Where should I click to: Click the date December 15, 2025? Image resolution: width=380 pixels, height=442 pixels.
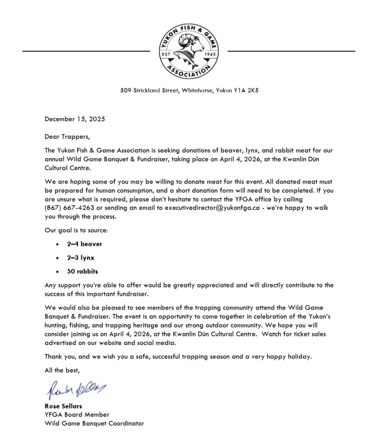[x=75, y=119]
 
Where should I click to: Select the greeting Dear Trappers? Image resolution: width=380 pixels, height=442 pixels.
[x=68, y=137]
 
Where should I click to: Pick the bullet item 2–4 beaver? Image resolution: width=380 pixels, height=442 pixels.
[x=85, y=244]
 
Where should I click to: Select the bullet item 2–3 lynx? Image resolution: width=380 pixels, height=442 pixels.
[x=81, y=258]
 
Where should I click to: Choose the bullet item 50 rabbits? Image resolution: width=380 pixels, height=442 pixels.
[x=82, y=272]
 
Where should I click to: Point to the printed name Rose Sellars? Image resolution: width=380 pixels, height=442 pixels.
[x=63, y=406]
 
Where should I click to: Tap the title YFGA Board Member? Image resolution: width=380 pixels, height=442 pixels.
[x=77, y=415]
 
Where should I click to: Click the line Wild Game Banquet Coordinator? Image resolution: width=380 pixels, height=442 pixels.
[x=94, y=423]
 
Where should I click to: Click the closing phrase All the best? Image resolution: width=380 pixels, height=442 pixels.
[x=62, y=370]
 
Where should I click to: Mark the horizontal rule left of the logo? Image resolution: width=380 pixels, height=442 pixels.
[x=86, y=51]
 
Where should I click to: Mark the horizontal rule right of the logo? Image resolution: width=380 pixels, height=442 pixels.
[x=291, y=51]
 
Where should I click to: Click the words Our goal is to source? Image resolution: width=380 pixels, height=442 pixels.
[x=76, y=230]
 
